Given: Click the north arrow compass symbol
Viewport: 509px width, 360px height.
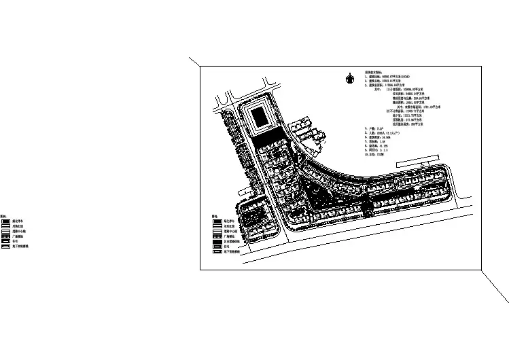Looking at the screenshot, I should [349, 77].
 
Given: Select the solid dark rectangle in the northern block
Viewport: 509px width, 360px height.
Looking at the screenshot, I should [261, 119].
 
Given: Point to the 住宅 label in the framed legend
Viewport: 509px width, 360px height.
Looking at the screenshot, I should [226, 247].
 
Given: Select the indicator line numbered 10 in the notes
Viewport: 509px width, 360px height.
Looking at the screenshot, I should [377, 155].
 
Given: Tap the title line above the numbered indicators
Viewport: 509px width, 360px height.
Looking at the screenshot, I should [377, 71].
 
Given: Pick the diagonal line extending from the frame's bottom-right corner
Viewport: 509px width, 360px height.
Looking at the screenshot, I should [495, 286].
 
